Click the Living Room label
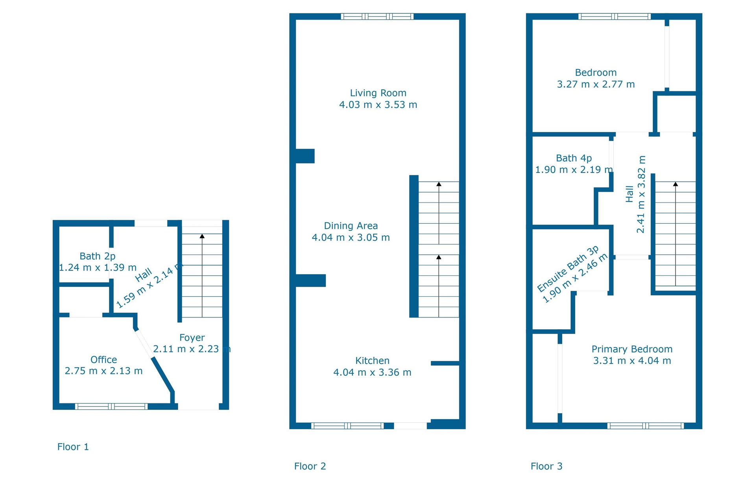[378, 93]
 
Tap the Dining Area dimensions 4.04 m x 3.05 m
[351, 238]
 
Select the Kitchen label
[372, 361]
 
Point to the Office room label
[103, 360]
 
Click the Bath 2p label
[98, 256]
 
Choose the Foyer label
[192, 338]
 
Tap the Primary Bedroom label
[632, 349]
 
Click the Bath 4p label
[574, 158]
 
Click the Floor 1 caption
[73, 447]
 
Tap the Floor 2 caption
[310, 466]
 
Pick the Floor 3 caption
[546, 466]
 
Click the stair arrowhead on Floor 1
[202, 236]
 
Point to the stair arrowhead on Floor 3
[676, 184]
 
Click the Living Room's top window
[377, 17]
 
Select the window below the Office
[111, 406]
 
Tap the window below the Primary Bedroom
[645, 426]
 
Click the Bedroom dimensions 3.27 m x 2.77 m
[596, 84]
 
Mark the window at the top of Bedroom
[615, 17]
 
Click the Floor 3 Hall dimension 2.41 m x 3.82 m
[641, 194]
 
